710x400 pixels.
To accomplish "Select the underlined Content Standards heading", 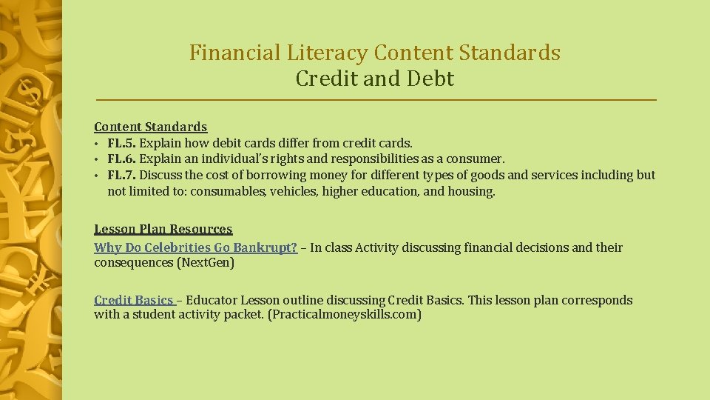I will [x=150, y=127].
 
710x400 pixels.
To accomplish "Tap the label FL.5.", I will [x=122, y=143].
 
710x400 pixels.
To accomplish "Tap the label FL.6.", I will [x=122, y=159].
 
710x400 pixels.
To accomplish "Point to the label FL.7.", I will [x=122, y=175].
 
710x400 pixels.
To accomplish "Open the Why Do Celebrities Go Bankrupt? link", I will [x=195, y=247].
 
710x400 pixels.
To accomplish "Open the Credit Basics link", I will [x=133, y=300].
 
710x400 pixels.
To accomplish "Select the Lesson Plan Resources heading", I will [x=163, y=230].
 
